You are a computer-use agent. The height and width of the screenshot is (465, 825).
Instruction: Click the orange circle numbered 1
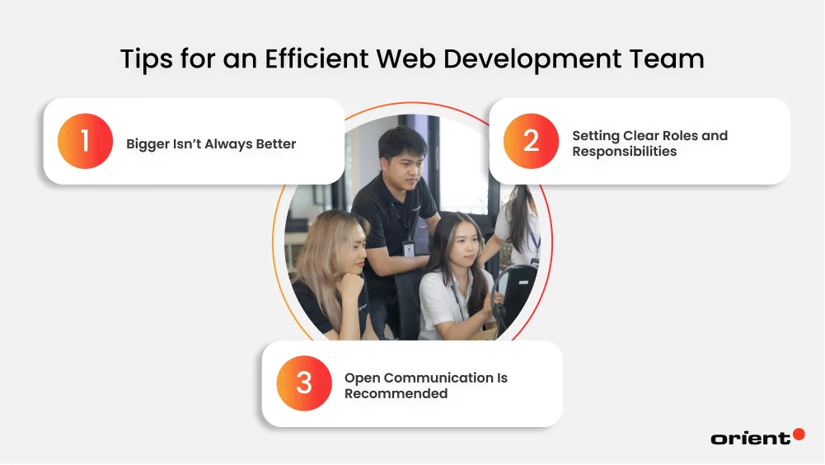(85, 141)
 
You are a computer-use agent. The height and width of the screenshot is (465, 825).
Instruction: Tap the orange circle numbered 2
(531, 141)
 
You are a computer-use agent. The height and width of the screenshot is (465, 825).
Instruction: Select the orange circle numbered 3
(304, 383)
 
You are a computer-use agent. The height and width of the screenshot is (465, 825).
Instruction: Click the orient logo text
(749, 439)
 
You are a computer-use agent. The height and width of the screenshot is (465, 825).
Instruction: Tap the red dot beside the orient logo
(798, 434)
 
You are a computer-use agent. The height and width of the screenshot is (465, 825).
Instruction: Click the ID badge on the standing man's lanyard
(408, 249)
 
